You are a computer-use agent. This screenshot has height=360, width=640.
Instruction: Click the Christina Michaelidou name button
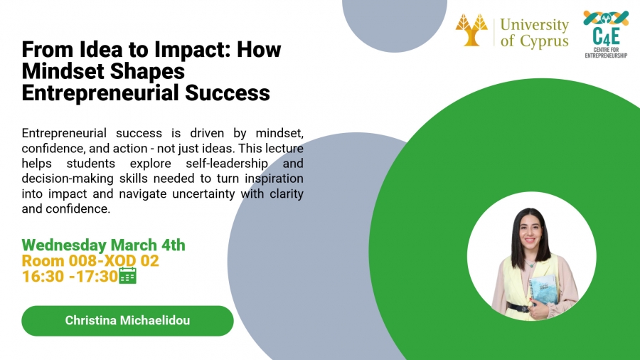127,321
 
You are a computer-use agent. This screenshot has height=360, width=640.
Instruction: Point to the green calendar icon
128,276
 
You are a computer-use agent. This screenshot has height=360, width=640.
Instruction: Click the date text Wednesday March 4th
104,245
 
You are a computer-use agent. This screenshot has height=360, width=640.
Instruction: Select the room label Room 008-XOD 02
90,261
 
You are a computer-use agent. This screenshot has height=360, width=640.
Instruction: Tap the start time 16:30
41,277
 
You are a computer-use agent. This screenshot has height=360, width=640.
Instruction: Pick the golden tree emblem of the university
472,30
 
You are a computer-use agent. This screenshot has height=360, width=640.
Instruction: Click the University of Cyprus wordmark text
534,33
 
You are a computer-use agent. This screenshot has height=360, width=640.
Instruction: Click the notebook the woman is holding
543,291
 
